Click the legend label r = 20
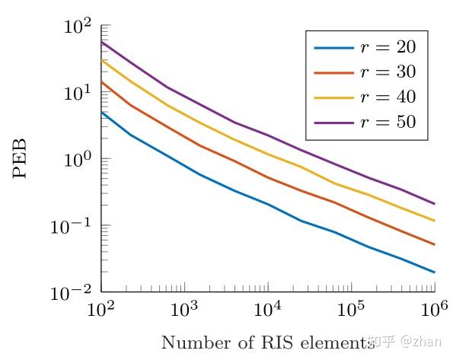coord(388,48)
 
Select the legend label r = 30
coord(388,72)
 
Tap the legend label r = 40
coord(388,97)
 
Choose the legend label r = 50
coord(388,122)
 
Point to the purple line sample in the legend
coord(333,123)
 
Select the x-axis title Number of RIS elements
coord(266,342)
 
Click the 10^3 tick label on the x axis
coord(183,310)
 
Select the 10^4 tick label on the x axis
coord(266,310)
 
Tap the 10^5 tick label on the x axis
coord(350,310)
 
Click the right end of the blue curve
coord(434,272)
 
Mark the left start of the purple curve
coord(101,42)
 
